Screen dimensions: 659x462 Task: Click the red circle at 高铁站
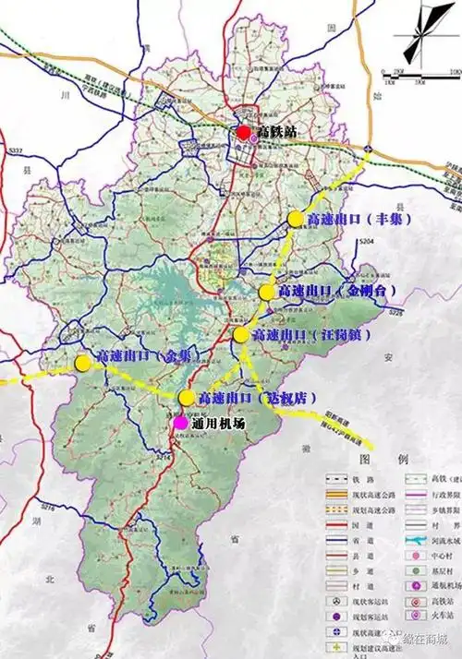click(244, 132)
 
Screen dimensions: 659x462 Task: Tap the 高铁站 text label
click(274, 133)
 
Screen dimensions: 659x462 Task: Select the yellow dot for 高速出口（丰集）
click(296, 219)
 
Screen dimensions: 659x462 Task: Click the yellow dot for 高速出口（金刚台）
click(267, 293)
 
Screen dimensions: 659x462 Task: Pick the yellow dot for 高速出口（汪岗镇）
click(241, 334)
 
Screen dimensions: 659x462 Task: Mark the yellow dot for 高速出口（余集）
click(84, 363)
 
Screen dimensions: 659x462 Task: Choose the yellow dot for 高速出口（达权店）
click(187, 398)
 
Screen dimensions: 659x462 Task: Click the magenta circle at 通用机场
click(180, 423)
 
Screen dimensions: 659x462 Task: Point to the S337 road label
click(15, 150)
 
